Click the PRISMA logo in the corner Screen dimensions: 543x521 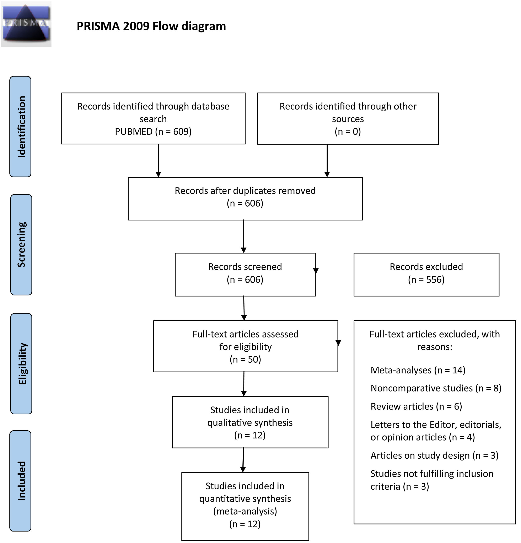[x=26, y=24]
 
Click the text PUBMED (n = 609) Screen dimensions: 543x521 [x=153, y=131]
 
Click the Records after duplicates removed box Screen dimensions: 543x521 [x=245, y=198]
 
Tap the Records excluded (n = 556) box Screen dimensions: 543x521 [x=426, y=274]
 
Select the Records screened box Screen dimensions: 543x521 [x=245, y=274]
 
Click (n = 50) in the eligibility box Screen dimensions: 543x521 [x=245, y=359]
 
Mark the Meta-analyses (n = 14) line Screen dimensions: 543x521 [x=418, y=370]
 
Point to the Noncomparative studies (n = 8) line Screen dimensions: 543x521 [x=436, y=388]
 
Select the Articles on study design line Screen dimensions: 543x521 [x=434, y=456]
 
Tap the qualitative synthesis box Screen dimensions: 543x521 [x=250, y=422]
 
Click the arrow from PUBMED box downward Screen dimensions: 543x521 [x=159, y=161]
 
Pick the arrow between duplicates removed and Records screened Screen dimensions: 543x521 [x=244, y=236]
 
